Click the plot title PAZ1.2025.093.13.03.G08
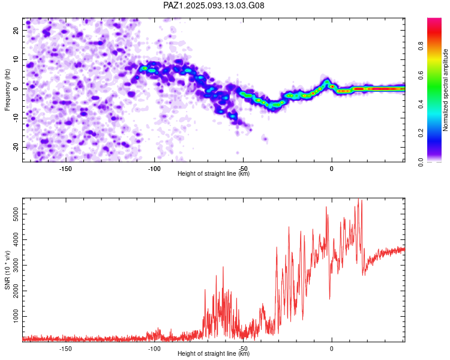(x=214, y=5)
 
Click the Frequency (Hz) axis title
(x=7, y=90)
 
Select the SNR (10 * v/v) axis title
(x=7, y=270)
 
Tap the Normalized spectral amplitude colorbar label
(x=445, y=90)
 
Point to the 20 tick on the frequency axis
(x=16, y=30)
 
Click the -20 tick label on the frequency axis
(x=16, y=148)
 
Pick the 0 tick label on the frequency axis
(x=16, y=89)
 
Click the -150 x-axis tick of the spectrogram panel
(x=65, y=169)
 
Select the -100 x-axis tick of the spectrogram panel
(x=154, y=169)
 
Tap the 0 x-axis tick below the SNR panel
(x=332, y=349)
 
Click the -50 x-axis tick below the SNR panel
(x=243, y=349)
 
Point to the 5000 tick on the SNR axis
(x=16, y=214)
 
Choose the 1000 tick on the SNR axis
(x=16, y=316)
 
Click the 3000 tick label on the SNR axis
(x=16, y=265)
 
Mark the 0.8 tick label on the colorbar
(x=421, y=46)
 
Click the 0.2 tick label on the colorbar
(x=421, y=133)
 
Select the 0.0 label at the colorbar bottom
(x=421, y=163)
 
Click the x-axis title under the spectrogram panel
(x=214, y=173)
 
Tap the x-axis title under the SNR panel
(x=214, y=353)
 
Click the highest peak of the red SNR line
(x=358, y=199)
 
